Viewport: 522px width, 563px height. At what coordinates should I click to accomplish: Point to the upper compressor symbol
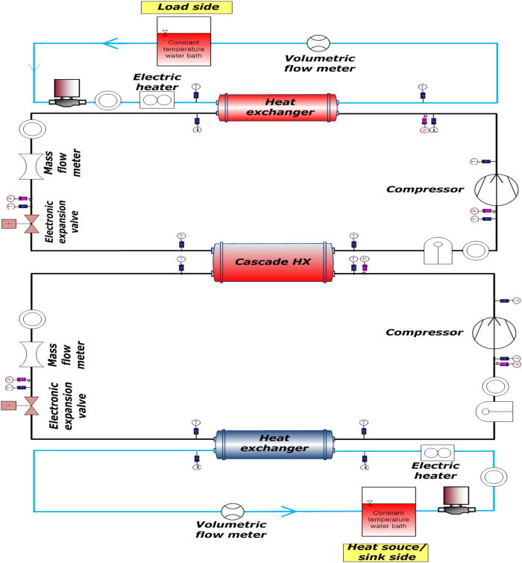pyautogui.click(x=496, y=189)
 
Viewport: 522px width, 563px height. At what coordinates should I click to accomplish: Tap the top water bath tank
pyautogui.click(x=183, y=43)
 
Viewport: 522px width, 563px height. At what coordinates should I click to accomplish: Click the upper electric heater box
pyautogui.click(x=157, y=100)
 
